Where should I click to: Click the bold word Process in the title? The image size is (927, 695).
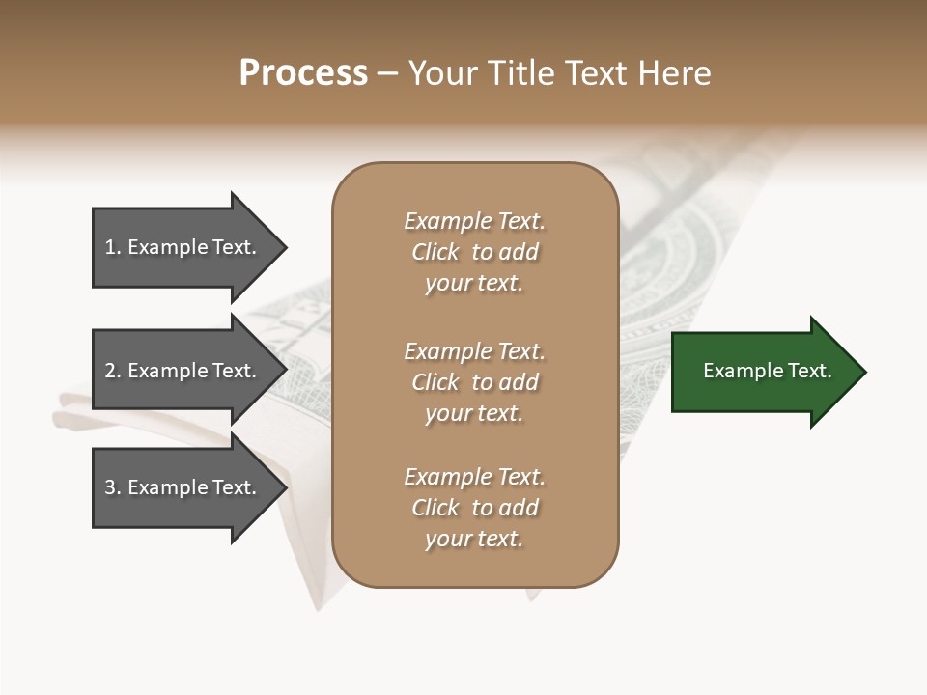303,73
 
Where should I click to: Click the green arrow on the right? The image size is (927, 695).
763,372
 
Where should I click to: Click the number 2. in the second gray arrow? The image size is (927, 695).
112,371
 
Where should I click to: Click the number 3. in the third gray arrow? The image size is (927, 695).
112,488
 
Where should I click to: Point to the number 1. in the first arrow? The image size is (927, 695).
112,247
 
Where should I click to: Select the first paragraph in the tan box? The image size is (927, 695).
475,252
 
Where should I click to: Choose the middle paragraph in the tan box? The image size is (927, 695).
475,382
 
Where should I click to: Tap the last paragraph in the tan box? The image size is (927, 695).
475,508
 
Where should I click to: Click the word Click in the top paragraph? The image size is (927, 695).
435,252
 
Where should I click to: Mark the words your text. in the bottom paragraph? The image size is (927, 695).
474,539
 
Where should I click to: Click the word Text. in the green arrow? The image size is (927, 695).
809,371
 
